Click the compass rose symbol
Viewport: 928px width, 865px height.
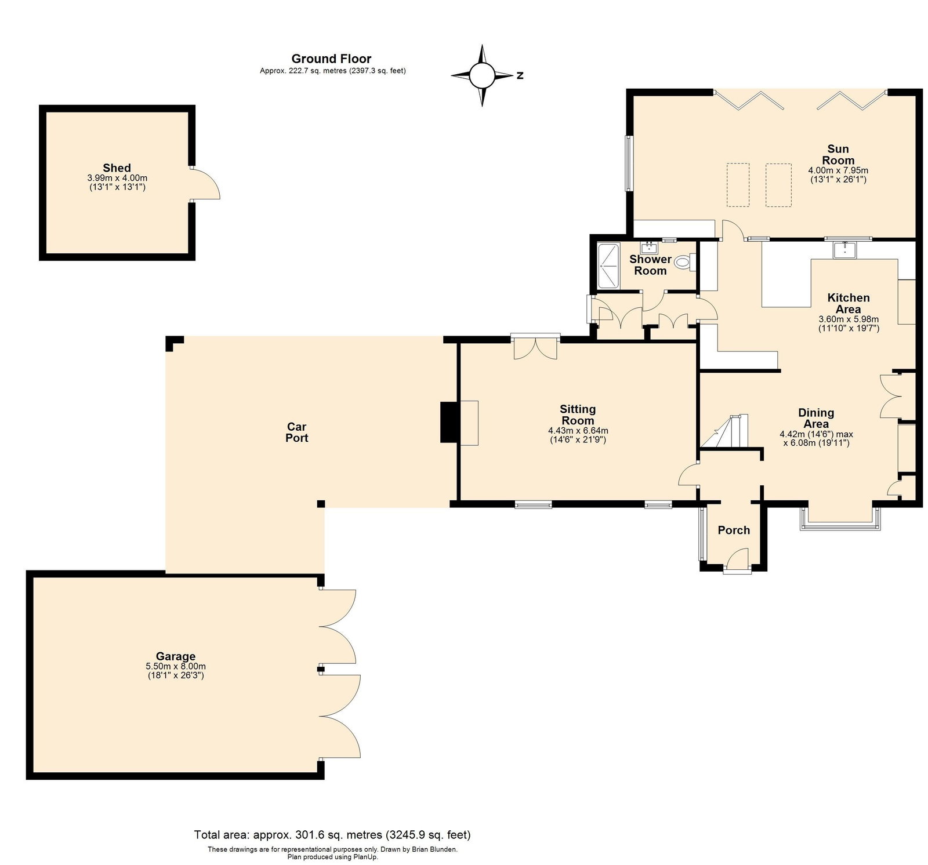pyautogui.click(x=481, y=75)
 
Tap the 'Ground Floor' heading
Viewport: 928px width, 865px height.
pyautogui.click(x=331, y=59)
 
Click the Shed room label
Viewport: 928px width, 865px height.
pyautogui.click(x=117, y=168)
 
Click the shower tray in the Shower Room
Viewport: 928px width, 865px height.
pyautogui.click(x=608, y=266)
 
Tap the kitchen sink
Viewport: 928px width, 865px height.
pyautogui.click(x=846, y=250)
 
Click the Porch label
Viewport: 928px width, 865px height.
pyautogui.click(x=734, y=530)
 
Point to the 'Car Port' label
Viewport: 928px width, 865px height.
pyautogui.click(x=297, y=432)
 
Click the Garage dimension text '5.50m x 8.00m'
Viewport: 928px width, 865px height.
pyautogui.click(x=176, y=667)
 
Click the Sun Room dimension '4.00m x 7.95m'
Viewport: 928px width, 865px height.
pyautogui.click(x=838, y=170)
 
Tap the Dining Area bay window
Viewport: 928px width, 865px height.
pyautogui.click(x=840, y=519)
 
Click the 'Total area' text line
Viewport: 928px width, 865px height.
pyautogui.click(x=332, y=835)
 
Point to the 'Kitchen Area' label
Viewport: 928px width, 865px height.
pyautogui.click(x=849, y=303)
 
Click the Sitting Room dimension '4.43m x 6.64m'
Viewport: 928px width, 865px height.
pyautogui.click(x=578, y=431)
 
